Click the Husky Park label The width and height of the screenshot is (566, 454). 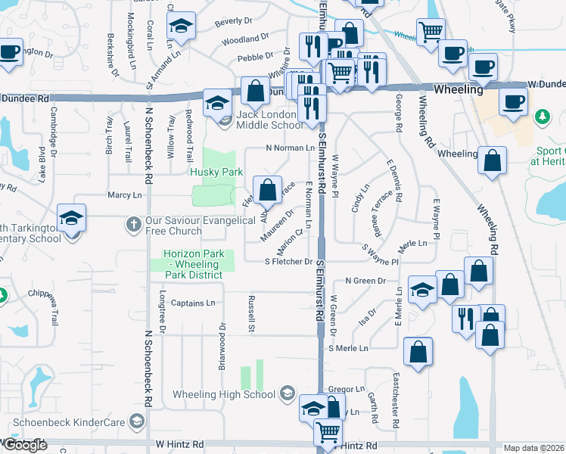(x=216, y=172)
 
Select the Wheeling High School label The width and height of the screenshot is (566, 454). (x=224, y=394)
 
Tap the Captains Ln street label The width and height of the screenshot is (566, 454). (x=193, y=303)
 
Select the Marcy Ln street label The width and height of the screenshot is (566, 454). (x=125, y=195)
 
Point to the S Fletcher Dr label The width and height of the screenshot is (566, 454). (x=288, y=262)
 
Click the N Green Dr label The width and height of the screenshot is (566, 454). (x=365, y=281)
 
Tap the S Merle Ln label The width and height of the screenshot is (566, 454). (x=348, y=348)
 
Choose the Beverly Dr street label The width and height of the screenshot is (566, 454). (x=232, y=22)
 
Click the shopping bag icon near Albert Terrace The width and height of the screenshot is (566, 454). (x=267, y=190)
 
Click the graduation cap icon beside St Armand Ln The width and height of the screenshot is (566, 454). (x=181, y=28)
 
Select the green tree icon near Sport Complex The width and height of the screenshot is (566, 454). (x=542, y=117)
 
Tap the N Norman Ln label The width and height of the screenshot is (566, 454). (x=289, y=148)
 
